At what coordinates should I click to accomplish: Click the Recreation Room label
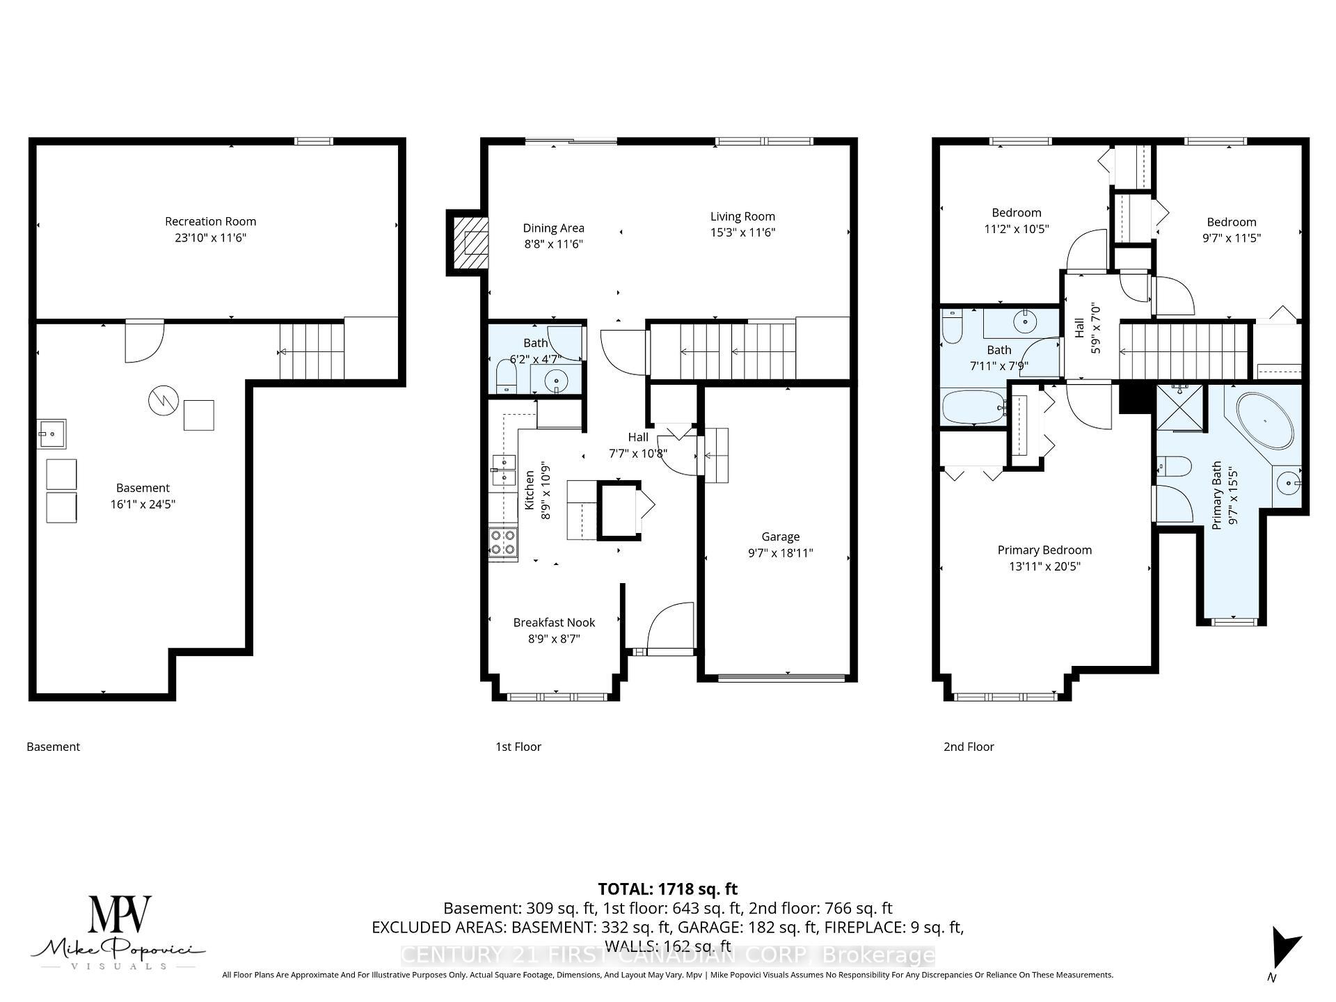[x=210, y=221]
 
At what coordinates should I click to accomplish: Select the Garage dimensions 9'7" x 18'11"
[x=780, y=553]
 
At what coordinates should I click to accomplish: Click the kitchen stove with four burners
[x=502, y=542]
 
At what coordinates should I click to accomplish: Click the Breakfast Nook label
[x=554, y=623]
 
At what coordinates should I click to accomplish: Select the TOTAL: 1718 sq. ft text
[x=667, y=889]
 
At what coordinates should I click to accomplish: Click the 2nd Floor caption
[x=969, y=747]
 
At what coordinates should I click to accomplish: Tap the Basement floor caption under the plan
[x=54, y=747]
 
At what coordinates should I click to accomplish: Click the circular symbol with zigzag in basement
[x=164, y=400]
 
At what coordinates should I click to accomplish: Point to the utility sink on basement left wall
[x=51, y=434]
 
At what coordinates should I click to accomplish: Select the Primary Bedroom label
[x=1044, y=550]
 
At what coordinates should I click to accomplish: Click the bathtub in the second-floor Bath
[x=973, y=408]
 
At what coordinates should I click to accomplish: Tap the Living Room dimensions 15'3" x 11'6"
[x=742, y=232]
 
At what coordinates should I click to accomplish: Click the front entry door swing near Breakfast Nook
[x=669, y=628]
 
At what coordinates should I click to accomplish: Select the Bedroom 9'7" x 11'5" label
[x=1231, y=222]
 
